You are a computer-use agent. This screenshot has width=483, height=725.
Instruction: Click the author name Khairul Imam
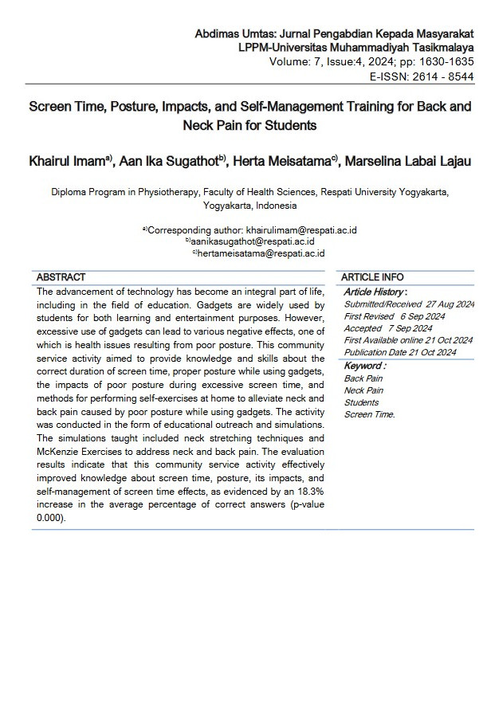(x=68, y=162)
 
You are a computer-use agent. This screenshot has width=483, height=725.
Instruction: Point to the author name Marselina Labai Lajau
(x=410, y=162)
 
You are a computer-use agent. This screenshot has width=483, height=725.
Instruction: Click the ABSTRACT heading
(x=61, y=277)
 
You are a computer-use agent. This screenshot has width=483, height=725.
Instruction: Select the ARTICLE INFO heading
(x=372, y=277)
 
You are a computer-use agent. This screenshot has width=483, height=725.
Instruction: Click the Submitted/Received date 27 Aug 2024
(x=450, y=304)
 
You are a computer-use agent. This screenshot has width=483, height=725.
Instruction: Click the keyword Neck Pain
(x=363, y=390)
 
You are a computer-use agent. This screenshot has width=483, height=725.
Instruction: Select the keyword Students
(x=361, y=402)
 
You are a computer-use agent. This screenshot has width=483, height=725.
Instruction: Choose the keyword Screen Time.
(x=369, y=414)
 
